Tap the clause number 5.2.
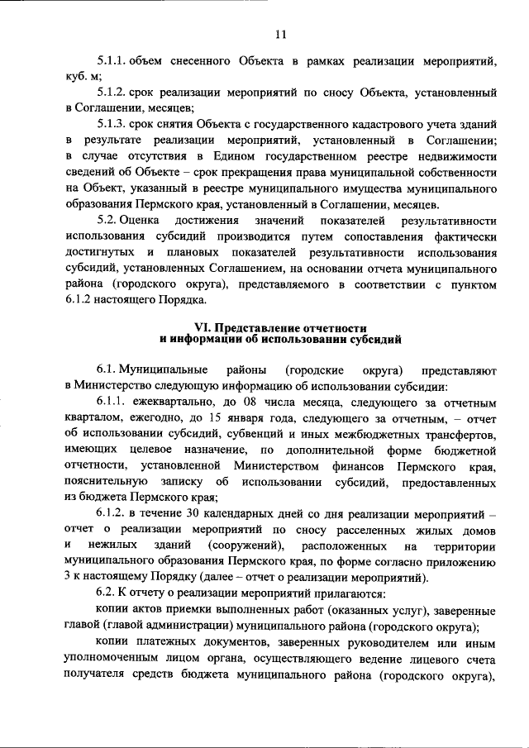click(x=107, y=221)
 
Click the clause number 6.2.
click(x=106, y=593)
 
